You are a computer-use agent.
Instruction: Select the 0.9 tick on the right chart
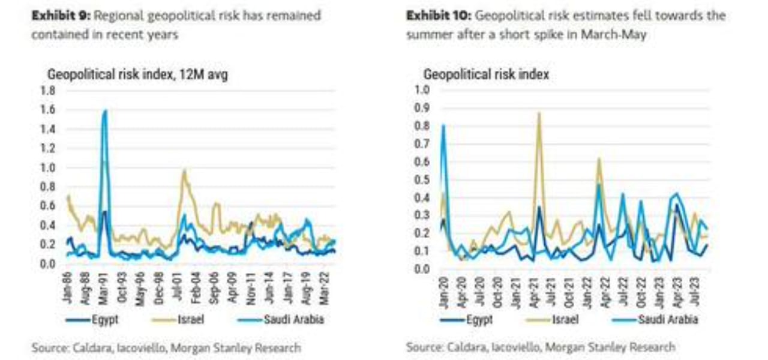point(422,108)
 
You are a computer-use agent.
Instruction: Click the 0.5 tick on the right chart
point(422,179)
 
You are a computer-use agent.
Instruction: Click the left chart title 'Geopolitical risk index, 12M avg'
point(137,75)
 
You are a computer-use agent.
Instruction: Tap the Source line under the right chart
point(540,347)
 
